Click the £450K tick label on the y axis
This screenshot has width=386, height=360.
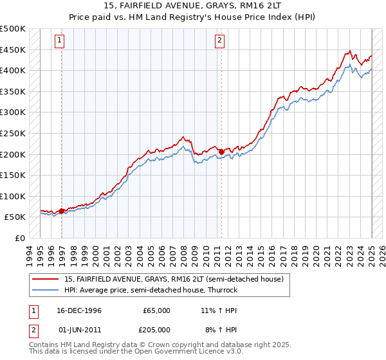pos(12,50)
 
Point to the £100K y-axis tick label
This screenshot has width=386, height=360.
pos(12,196)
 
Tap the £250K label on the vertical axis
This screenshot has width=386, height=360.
pos(12,133)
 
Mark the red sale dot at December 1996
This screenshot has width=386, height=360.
pos(62,211)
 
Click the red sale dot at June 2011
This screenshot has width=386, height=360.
pos(221,152)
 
